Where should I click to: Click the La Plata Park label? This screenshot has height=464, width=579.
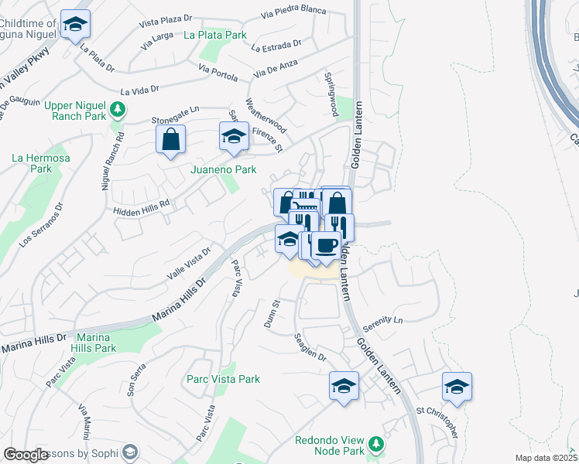click(x=214, y=35)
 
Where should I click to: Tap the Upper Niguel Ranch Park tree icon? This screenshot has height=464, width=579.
click(x=118, y=108)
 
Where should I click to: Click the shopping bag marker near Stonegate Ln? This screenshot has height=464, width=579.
click(x=170, y=140)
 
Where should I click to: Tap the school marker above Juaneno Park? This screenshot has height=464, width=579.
click(x=233, y=136)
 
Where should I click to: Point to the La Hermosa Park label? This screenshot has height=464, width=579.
click(x=40, y=163)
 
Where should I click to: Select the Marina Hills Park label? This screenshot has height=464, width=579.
click(x=107, y=343)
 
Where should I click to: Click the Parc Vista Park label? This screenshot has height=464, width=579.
click(x=223, y=379)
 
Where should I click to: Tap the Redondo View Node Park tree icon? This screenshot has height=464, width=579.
click(x=376, y=443)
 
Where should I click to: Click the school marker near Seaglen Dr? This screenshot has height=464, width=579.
click(x=344, y=385)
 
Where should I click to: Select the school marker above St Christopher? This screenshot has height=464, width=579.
click(x=457, y=386)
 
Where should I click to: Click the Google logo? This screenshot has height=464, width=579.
click(x=26, y=455)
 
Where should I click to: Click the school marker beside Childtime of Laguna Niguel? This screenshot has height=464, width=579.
click(x=75, y=24)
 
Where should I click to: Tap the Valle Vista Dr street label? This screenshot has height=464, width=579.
click(x=189, y=264)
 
